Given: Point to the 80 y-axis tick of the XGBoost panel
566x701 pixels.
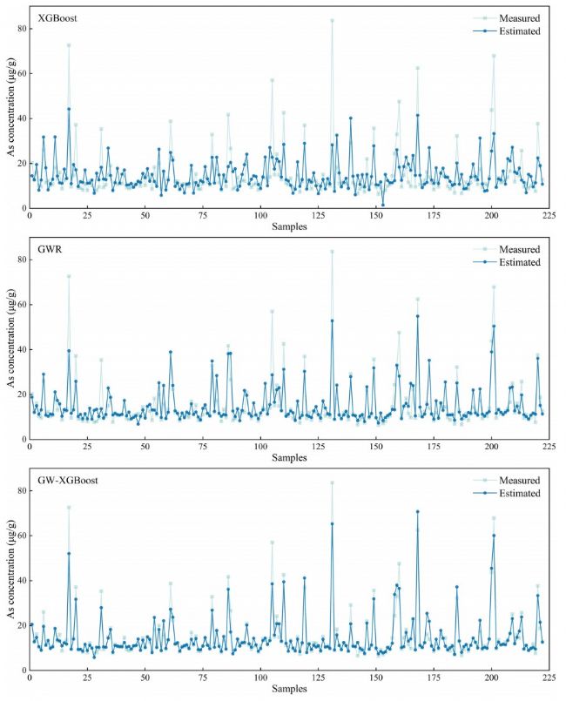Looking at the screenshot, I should [18, 28].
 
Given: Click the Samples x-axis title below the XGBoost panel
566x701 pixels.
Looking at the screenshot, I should [289, 227].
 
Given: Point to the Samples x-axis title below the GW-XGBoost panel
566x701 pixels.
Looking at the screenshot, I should [289, 690].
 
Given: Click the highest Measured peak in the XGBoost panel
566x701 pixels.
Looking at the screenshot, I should [332, 20].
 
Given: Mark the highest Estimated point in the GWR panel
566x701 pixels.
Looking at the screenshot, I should [417, 316].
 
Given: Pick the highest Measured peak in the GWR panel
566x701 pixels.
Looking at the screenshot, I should [332, 252].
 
